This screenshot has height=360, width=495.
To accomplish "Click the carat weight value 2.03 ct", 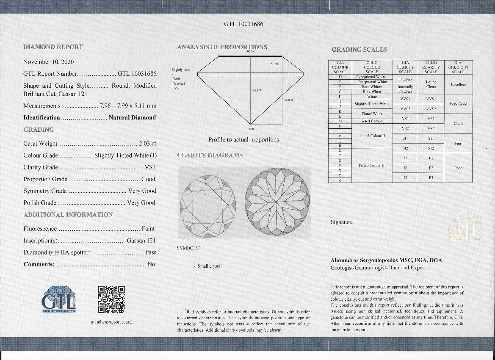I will click(x=147, y=144).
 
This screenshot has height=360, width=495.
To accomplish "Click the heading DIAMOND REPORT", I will click(x=53, y=47).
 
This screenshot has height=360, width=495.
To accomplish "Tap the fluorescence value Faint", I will click(x=148, y=229).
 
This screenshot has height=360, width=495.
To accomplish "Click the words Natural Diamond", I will click(x=132, y=118).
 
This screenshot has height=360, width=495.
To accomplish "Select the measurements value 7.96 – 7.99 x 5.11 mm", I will click(x=128, y=106).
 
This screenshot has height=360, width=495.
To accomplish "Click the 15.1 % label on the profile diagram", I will click(x=274, y=64).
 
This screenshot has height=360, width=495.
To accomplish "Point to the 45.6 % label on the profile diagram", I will click(x=288, y=100).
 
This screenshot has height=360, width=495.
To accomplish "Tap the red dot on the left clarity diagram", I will click(x=207, y=228).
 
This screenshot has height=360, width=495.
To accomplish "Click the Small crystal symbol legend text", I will click(x=209, y=266).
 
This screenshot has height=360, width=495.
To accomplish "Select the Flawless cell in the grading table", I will click(x=405, y=79).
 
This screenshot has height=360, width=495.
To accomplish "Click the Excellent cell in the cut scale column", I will click(x=458, y=84).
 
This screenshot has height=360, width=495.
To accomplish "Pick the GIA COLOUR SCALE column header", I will click(x=340, y=67).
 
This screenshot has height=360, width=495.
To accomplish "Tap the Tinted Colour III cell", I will click(x=372, y=166).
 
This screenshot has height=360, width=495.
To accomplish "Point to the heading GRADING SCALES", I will click(x=359, y=50).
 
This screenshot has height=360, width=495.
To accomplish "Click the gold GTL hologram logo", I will click(x=465, y=229).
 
